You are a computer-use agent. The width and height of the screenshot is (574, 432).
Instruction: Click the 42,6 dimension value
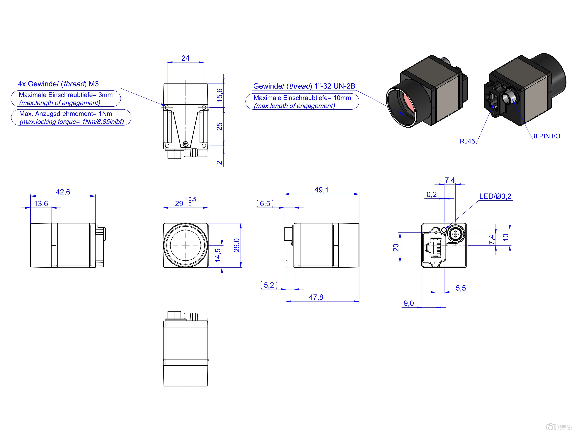click(63, 192)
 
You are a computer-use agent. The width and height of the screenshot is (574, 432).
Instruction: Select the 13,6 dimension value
click(41, 204)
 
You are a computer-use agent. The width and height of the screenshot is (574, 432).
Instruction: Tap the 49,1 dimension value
click(322, 190)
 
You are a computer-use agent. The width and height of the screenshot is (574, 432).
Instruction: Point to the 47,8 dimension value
click(316, 297)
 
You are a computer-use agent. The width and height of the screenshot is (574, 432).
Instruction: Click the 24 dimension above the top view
click(185, 58)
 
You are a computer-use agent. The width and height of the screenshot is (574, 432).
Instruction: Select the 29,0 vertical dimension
click(237, 245)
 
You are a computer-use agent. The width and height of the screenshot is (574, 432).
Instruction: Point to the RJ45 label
click(467, 141)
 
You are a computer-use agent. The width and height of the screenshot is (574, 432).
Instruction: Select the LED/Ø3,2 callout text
click(495, 196)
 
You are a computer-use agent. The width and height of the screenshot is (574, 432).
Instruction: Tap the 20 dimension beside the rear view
click(396, 248)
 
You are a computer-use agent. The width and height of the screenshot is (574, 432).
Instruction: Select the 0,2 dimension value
click(432, 195)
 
